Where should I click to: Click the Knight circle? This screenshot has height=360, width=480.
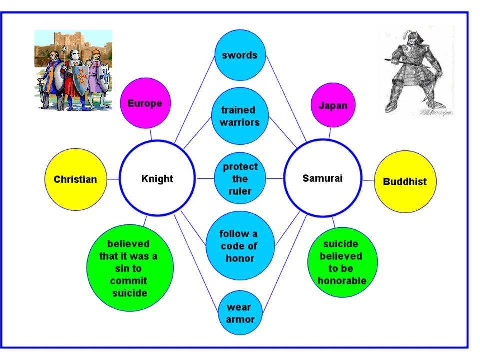click(x=157, y=178)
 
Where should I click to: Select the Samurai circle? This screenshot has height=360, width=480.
click(x=322, y=178)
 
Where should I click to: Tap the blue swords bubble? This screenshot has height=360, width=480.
click(x=240, y=55)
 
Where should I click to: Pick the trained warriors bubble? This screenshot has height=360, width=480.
click(x=238, y=116)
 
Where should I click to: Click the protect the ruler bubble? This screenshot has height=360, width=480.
click(x=240, y=178)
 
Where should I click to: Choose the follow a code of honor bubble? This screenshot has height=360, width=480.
click(x=240, y=246)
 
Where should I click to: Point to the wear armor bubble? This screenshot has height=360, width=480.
click(x=240, y=313)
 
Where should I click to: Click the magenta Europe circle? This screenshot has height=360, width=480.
click(x=145, y=103)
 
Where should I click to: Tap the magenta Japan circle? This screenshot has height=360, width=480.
click(x=333, y=105)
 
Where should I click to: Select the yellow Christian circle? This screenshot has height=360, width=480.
click(x=75, y=179)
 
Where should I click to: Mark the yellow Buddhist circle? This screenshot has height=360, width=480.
click(x=405, y=181)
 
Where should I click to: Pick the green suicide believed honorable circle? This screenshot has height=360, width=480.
click(x=342, y=262)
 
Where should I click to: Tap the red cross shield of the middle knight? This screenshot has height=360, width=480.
click(x=80, y=76)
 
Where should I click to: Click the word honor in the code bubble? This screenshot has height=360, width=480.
click(x=240, y=258)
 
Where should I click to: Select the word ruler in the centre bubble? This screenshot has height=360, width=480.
click(x=240, y=191)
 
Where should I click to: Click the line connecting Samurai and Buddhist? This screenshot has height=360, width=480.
click(x=368, y=180)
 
